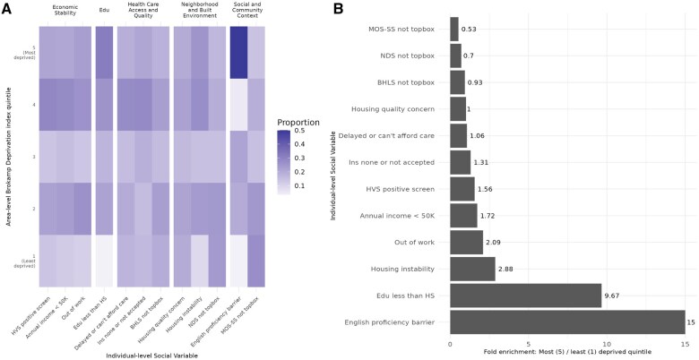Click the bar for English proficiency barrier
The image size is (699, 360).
566,321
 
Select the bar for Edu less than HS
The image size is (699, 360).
525,295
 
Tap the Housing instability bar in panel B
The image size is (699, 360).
472,268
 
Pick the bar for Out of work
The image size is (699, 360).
466,242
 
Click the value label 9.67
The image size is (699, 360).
615,295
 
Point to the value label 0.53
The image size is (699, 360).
468,30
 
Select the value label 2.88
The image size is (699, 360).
507,268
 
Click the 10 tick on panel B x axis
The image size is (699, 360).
607,343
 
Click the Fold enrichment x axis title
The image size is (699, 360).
566,354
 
